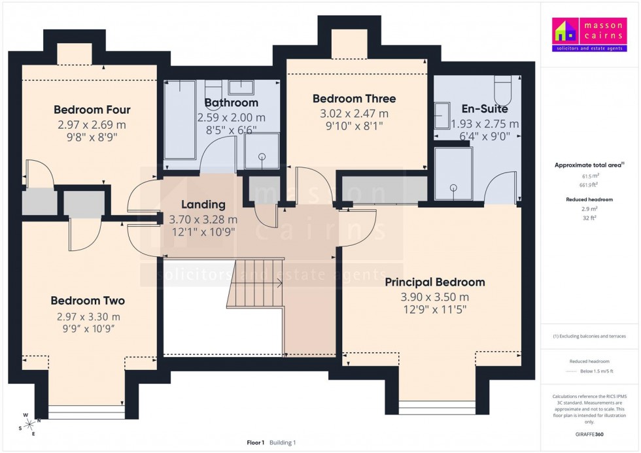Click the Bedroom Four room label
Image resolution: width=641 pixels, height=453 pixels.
(92, 110)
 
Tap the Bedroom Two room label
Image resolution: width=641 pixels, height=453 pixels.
(88, 301)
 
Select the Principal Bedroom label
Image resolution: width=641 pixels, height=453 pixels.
(434, 282)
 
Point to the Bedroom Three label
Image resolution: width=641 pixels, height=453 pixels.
(354, 99)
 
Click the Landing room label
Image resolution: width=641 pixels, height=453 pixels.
(203, 205)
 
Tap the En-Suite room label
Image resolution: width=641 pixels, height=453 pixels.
(485, 109)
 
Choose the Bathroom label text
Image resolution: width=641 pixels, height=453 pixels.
(231, 103)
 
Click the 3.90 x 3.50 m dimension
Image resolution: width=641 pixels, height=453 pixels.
(434, 297)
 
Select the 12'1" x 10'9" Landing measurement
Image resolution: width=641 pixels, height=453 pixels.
(203, 231)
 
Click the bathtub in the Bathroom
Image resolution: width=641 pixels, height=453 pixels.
(179, 121)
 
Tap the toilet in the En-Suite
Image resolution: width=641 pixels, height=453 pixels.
(502, 86)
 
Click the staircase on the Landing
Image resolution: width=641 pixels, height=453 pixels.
(255, 282)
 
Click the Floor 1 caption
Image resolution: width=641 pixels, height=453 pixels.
(255, 443)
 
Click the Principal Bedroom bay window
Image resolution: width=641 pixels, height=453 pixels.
(438, 406)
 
